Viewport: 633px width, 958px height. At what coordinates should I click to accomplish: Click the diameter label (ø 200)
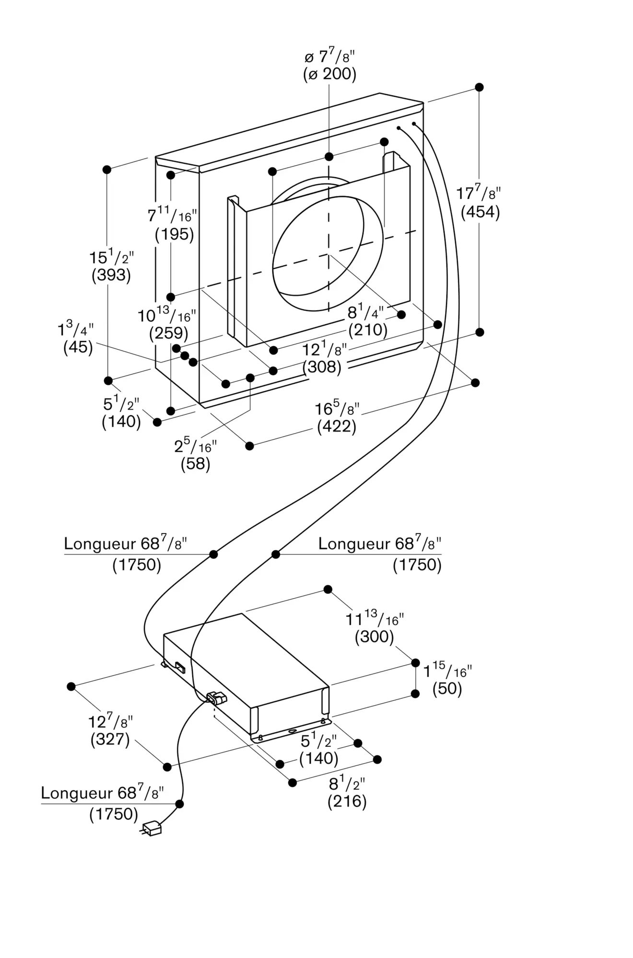[x=330, y=74]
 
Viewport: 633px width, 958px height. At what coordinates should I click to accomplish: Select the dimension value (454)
[x=480, y=212]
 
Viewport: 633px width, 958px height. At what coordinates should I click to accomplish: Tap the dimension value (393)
[x=111, y=275]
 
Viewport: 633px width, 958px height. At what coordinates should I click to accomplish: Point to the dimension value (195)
[x=174, y=234]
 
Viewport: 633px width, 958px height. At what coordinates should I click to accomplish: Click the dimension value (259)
[x=169, y=333]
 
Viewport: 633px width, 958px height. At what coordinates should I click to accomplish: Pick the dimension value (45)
[x=78, y=347]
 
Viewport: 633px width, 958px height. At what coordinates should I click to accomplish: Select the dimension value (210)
[x=368, y=330]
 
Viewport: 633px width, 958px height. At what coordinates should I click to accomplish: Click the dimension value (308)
[x=322, y=367]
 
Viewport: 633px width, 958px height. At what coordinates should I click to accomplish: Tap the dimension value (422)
[x=337, y=426]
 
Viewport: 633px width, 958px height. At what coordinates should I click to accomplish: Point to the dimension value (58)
[x=196, y=464]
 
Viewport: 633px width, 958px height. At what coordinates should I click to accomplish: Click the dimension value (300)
[x=374, y=637]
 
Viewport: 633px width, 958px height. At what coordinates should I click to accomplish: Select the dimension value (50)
[x=447, y=689]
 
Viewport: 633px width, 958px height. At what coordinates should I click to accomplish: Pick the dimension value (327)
[x=110, y=739]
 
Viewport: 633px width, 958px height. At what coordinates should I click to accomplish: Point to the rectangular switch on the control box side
[x=180, y=667]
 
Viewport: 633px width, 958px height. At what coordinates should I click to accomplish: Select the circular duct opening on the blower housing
[x=328, y=253]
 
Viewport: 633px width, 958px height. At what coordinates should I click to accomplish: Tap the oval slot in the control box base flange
[x=292, y=731]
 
